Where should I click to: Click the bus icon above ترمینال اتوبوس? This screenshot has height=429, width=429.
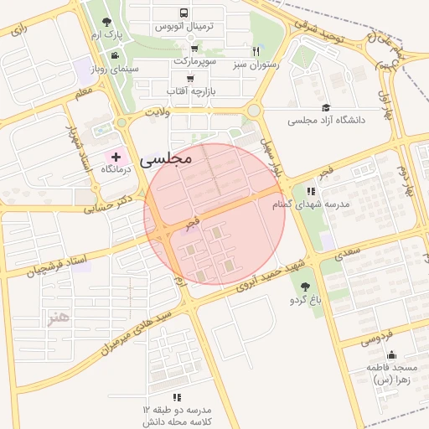coord(184,13)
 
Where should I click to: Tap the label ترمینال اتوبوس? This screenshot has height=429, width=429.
coord(184,27)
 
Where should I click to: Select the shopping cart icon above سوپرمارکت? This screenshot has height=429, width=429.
coord(194,49)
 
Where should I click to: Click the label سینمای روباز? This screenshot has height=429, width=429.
coord(103,70)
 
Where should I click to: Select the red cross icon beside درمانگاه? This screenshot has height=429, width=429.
coord(116,157)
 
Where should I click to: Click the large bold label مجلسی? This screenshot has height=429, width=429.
coord(167,157)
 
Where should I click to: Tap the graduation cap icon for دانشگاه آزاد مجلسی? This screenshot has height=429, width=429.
coord(326,107)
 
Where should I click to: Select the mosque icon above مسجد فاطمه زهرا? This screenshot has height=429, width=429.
coord(391,354)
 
